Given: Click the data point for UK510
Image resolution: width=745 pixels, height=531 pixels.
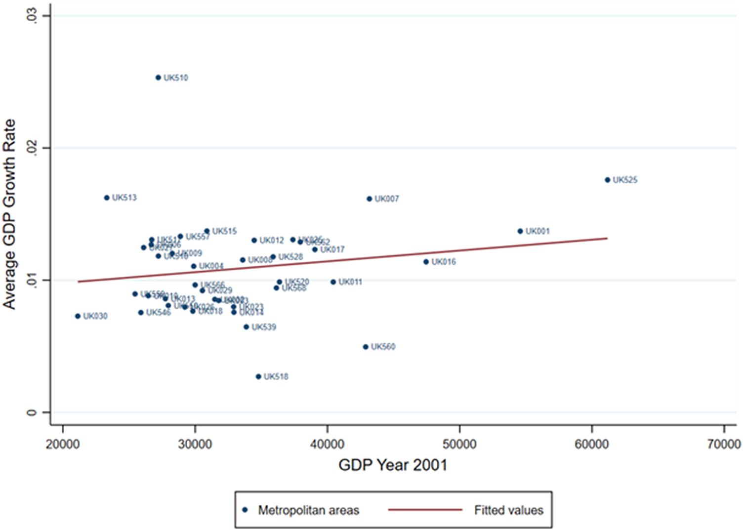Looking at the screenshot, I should coord(158,78).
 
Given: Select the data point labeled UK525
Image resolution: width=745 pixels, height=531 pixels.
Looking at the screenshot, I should coord(607,180).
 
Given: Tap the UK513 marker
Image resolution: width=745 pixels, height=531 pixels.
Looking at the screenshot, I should coord(107,198).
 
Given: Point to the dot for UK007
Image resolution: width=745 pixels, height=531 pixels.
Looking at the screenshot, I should coord(369,199).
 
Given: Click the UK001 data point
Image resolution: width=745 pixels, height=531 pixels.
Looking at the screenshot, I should coord(520,231).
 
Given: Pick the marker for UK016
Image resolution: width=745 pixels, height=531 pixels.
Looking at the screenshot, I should coord(426,262).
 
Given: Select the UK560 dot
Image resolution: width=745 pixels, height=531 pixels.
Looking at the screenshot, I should coord(366,347).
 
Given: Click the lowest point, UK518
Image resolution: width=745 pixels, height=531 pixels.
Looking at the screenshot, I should coord(258,376).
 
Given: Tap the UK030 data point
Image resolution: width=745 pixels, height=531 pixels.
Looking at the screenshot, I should coord(78,316).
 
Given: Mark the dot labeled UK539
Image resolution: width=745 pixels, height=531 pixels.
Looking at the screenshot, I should coord(246,327).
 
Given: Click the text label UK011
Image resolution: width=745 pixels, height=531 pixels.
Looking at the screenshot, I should coord(350,282).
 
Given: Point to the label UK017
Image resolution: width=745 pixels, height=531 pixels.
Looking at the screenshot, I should coord(332,249).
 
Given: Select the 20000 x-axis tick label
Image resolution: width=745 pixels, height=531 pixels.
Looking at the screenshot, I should coord(63,444).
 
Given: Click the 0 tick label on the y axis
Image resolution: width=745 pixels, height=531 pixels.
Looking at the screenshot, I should coord(32,412).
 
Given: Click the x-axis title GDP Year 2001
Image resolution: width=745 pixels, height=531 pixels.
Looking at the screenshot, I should coord(392,465).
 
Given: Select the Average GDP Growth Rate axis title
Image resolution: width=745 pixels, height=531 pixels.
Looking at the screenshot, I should coord(10,214).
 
